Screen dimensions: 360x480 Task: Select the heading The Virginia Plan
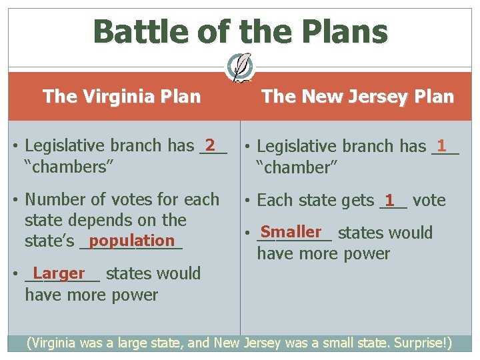click(x=121, y=97)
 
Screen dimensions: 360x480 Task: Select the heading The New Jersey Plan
click(x=357, y=97)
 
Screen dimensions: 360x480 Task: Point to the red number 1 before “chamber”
click(x=441, y=145)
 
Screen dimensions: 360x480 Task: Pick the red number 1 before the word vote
click(x=390, y=199)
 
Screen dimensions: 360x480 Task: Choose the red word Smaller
click(x=291, y=231)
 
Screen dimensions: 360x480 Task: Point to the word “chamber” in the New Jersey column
click(x=298, y=167)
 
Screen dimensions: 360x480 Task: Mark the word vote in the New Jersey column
click(x=429, y=200)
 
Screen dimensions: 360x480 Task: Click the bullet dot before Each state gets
click(x=247, y=201)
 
